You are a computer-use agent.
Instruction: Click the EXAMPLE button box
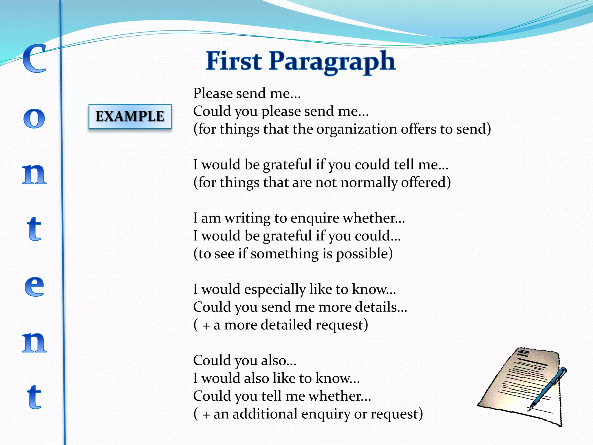(130, 116)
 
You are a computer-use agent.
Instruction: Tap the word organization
(356, 129)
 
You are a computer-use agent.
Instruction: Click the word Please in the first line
(213, 93)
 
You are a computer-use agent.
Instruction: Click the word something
(285, 254)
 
